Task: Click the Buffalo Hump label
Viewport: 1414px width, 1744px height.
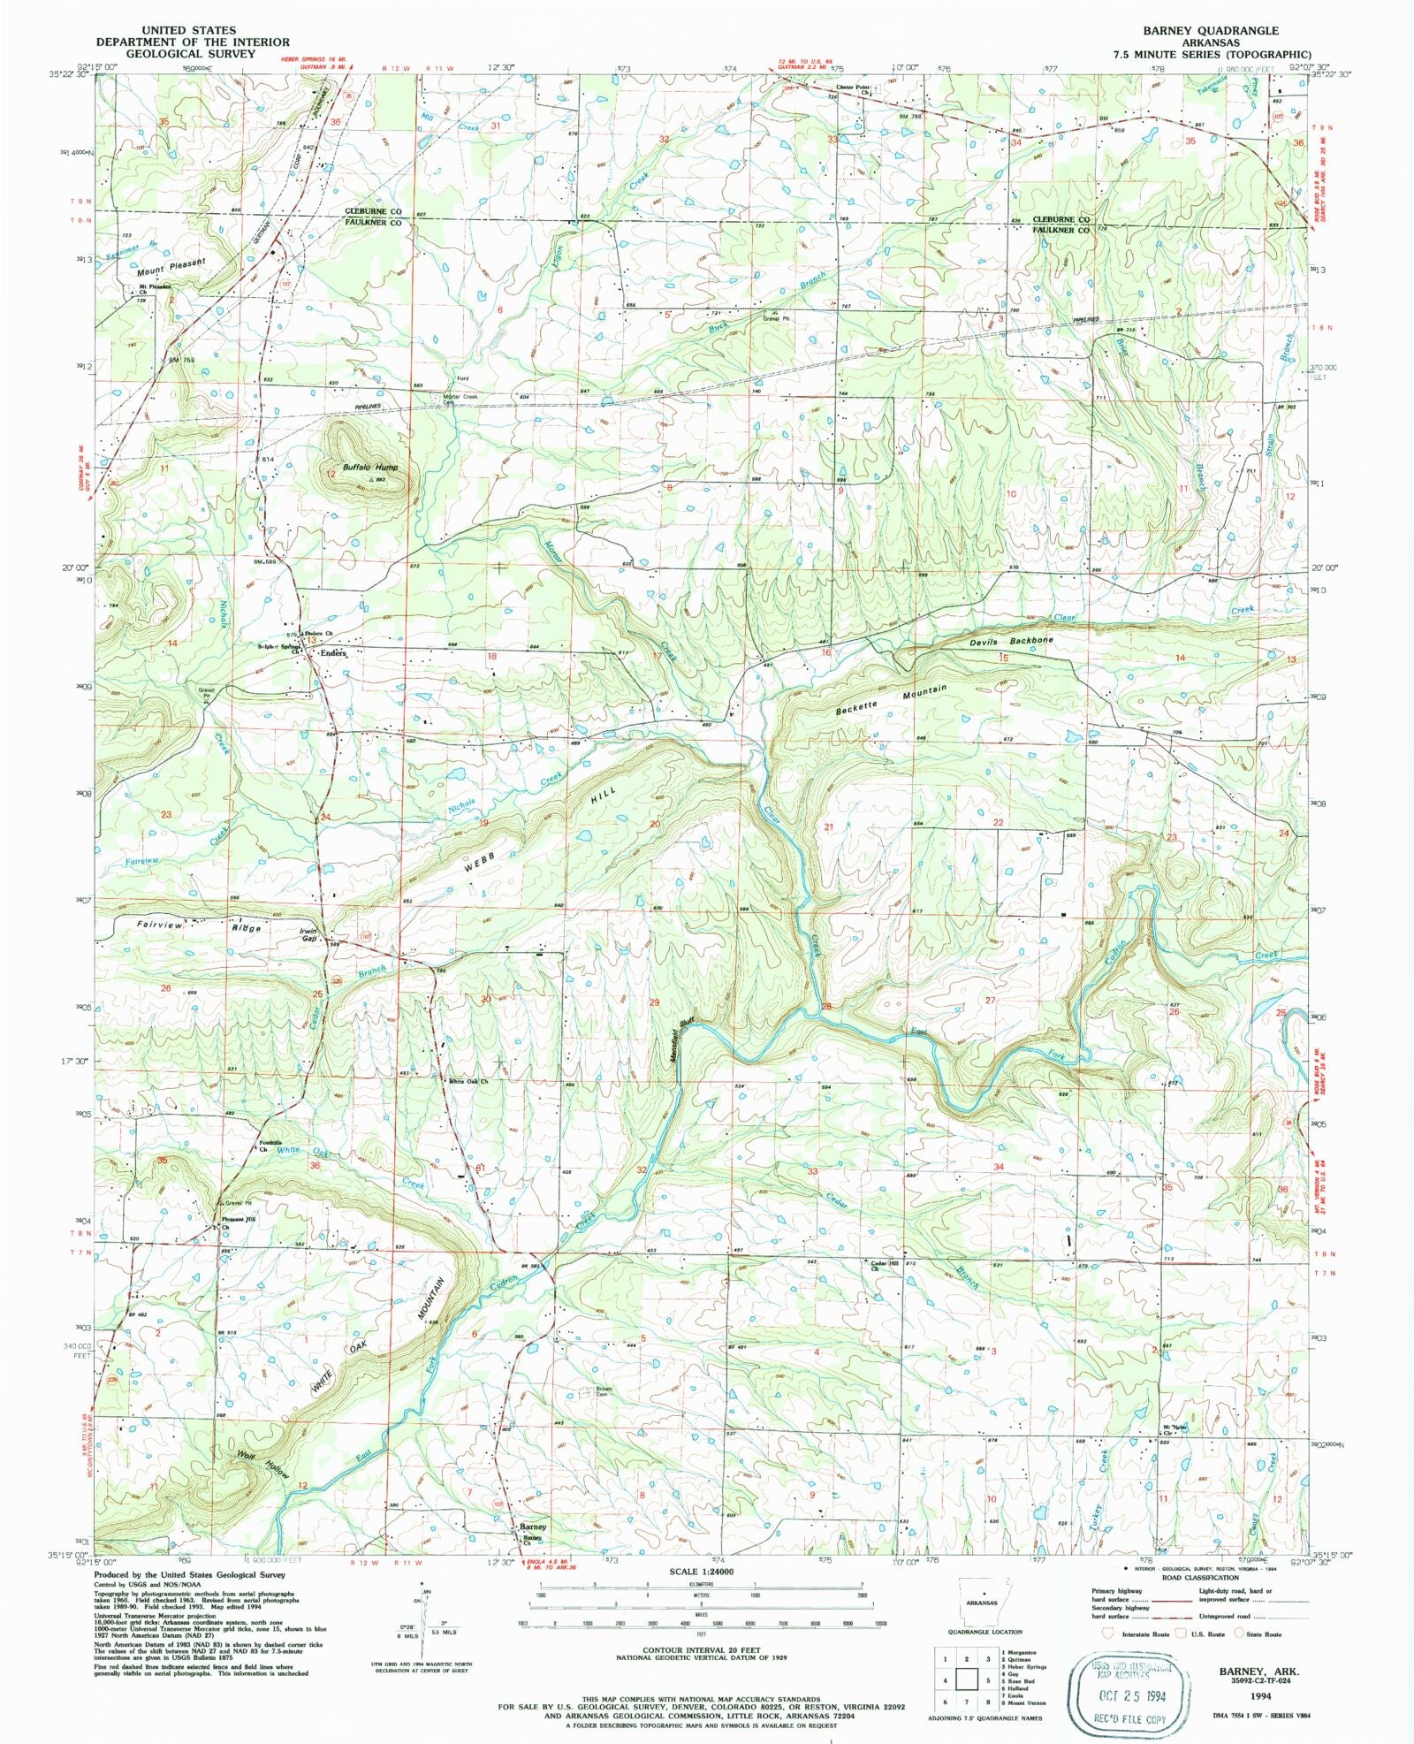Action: click(370, 467)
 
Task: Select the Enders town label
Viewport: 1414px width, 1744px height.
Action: click(333, 653)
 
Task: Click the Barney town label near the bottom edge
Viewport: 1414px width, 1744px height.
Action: click(533, 1527)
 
